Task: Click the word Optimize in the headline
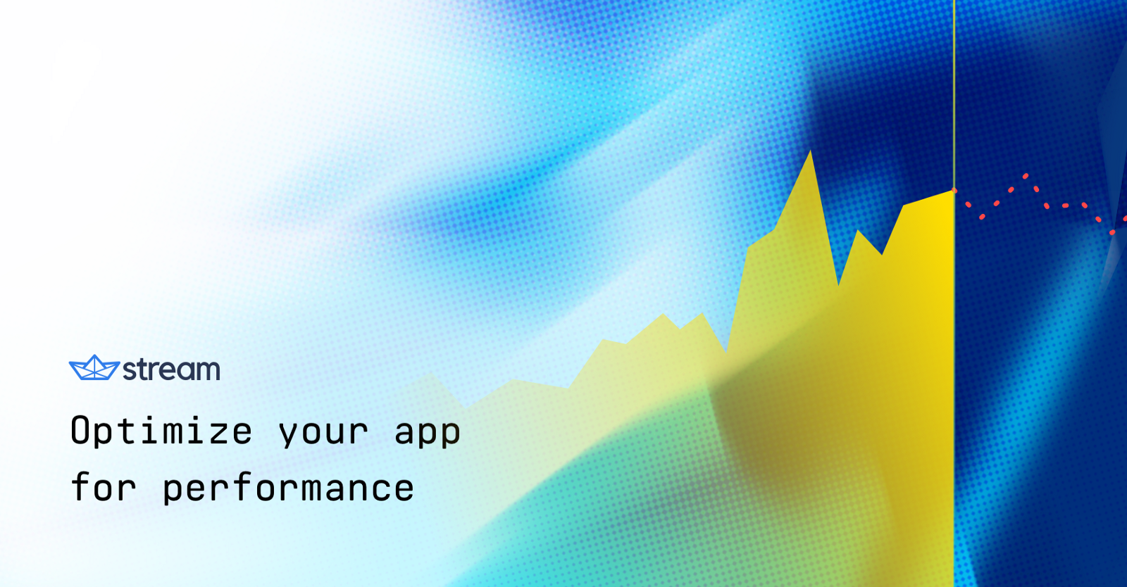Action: (161, 431)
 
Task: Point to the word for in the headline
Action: (104, 487)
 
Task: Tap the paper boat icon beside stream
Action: (94, 367)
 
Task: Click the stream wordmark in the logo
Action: (171, 370)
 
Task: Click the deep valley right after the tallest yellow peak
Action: (838, 283)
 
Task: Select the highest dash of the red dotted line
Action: (1026, 176)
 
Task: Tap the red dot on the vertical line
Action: (954, 190)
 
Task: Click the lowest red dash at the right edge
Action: (1112, 232)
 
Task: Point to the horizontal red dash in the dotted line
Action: (1065, 206)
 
